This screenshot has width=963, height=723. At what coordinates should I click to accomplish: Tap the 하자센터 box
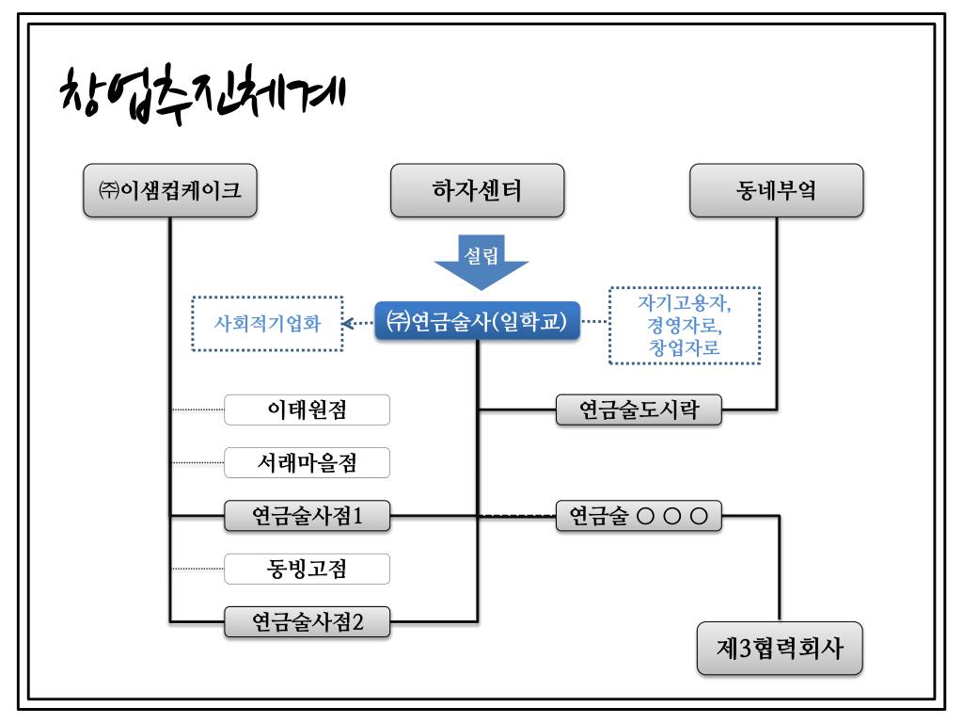477,191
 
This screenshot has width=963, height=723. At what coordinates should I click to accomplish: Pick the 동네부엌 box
776,191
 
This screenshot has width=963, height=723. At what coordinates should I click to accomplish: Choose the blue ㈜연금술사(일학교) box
477,322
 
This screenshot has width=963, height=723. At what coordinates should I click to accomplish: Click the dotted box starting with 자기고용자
684,324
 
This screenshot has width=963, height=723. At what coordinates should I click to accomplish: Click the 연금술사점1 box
307,515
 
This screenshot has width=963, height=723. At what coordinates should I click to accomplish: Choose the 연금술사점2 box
307,621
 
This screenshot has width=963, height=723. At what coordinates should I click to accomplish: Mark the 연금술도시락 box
638,410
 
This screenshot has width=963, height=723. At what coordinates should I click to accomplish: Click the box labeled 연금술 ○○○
638,515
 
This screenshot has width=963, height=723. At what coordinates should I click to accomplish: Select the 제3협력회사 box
780,648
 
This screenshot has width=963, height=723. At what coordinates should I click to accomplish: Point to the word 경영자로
684,325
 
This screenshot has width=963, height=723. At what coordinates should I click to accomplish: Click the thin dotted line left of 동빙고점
197,569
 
